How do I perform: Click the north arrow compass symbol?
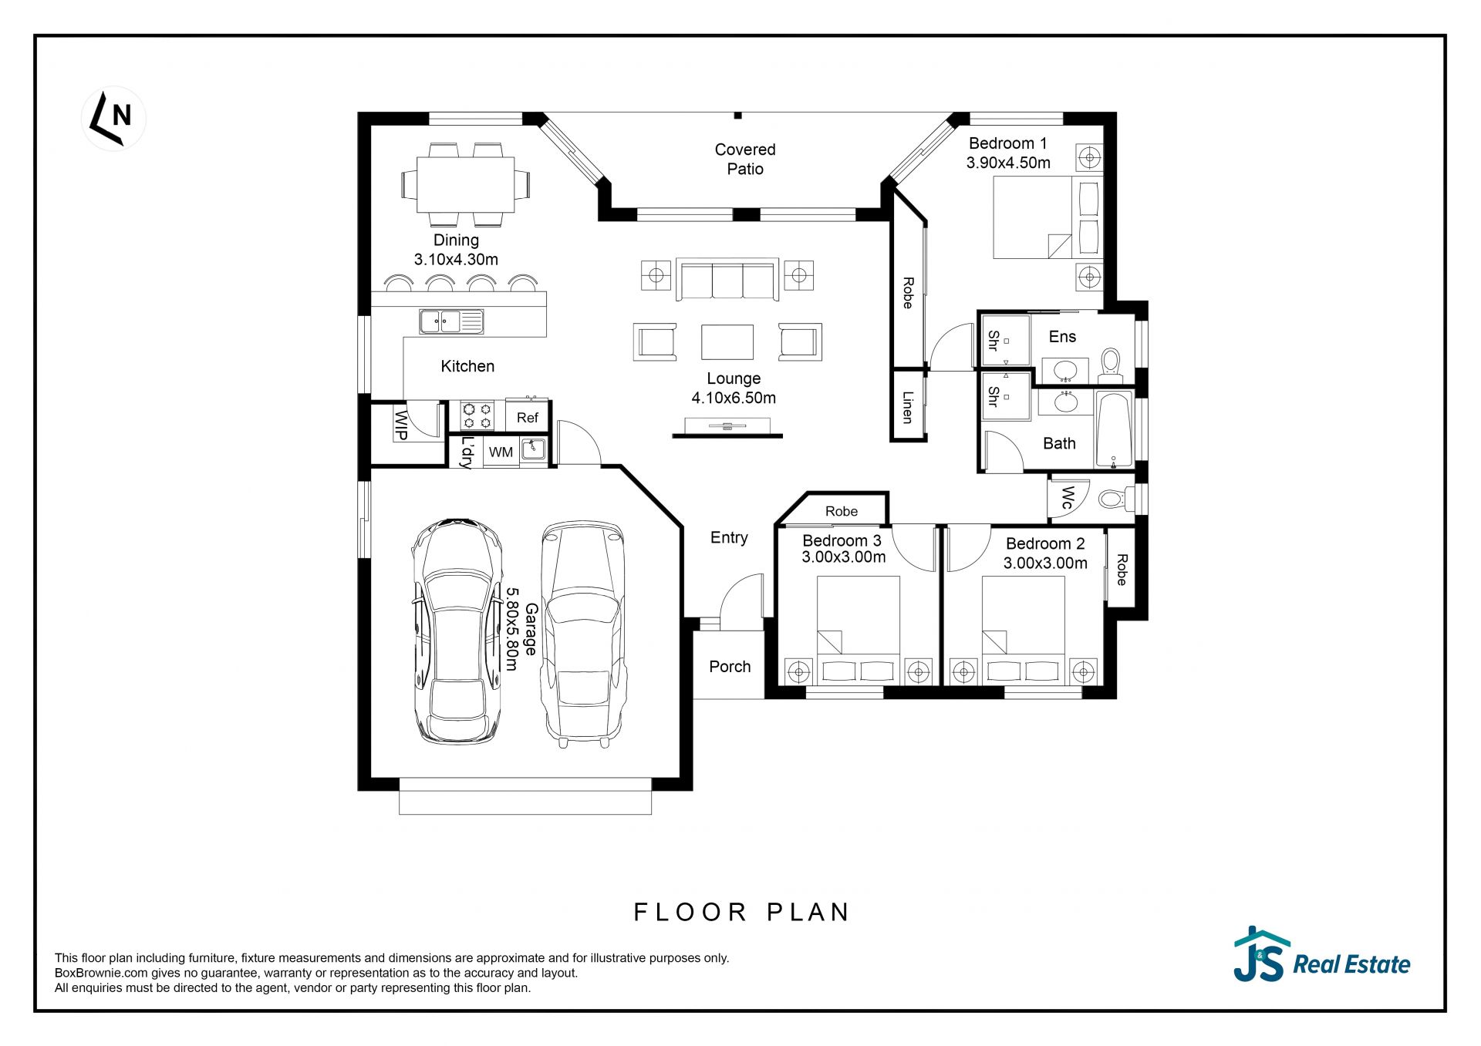point(113,118)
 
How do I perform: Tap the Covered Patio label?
point(745,159)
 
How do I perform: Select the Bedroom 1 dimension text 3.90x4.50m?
point(1008,163)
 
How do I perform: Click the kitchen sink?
point(451,321)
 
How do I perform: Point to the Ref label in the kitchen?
point(528,418)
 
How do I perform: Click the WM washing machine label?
point(501,452)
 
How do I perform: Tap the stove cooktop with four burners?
point(477,416)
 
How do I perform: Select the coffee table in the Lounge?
point(727,341)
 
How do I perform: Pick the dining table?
point(466,184)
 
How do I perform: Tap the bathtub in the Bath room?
point(1113,430)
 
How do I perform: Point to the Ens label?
point(1062,337)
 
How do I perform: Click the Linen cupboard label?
point(908,407)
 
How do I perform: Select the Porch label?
point(730,667)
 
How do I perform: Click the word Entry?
point(729,538)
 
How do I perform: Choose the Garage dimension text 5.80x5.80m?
point(511,629)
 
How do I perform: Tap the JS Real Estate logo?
point(1321,954)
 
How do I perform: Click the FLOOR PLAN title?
point(741,913)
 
